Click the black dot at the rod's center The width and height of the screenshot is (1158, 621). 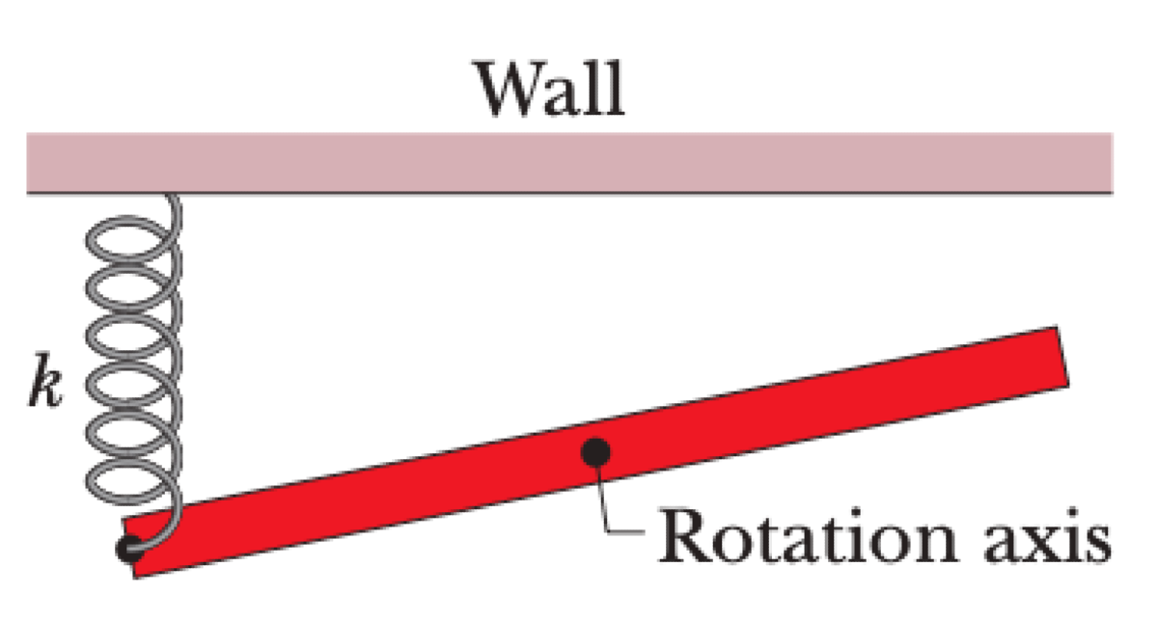point(596,450)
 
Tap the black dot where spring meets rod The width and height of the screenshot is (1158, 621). point(127,548)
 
